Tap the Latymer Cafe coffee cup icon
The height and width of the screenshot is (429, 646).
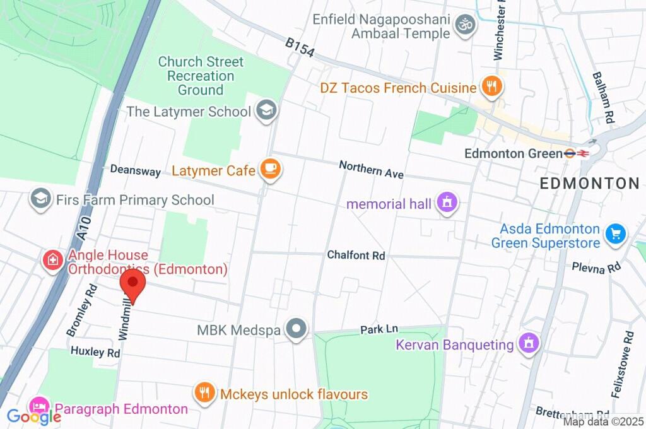271,168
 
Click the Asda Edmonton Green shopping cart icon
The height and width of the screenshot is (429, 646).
615,234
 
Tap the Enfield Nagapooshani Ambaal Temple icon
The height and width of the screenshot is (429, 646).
466,25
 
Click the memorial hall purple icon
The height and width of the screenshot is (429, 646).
447,203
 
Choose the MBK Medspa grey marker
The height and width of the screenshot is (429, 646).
295,329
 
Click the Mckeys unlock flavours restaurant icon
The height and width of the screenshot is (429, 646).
204,393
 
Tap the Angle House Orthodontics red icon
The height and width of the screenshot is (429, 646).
52,259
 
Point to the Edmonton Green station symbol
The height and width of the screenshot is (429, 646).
576,153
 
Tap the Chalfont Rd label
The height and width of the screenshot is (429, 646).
356,256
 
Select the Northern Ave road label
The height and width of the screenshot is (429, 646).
371,169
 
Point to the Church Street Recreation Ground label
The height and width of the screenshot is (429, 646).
201,76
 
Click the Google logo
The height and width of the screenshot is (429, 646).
34,416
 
